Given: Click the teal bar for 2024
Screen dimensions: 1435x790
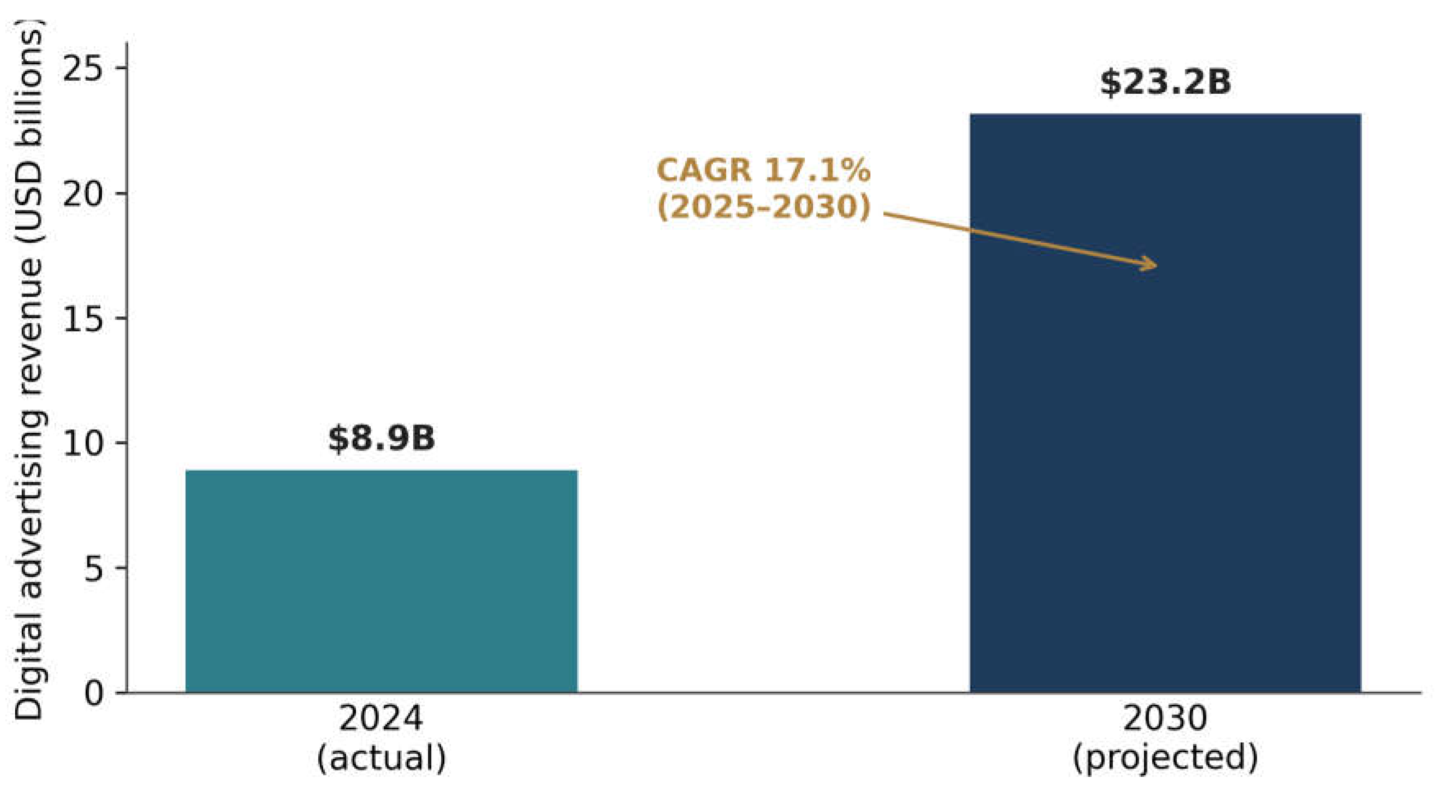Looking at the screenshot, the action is tap(382, 581).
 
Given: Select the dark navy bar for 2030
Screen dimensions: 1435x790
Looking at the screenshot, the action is tap(1166, 403).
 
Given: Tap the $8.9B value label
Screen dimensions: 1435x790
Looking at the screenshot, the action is tap(382, 439).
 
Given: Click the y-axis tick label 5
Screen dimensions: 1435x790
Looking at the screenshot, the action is tap(95, 569).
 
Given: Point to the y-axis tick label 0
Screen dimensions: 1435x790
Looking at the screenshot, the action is tap(95, 694).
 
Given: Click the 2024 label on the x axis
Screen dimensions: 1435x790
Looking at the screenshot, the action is tap(382, 719).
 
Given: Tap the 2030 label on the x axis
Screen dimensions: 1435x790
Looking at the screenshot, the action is tap(1166, 719).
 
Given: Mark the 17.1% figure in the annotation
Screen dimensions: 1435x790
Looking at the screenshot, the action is tap(817, 170).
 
